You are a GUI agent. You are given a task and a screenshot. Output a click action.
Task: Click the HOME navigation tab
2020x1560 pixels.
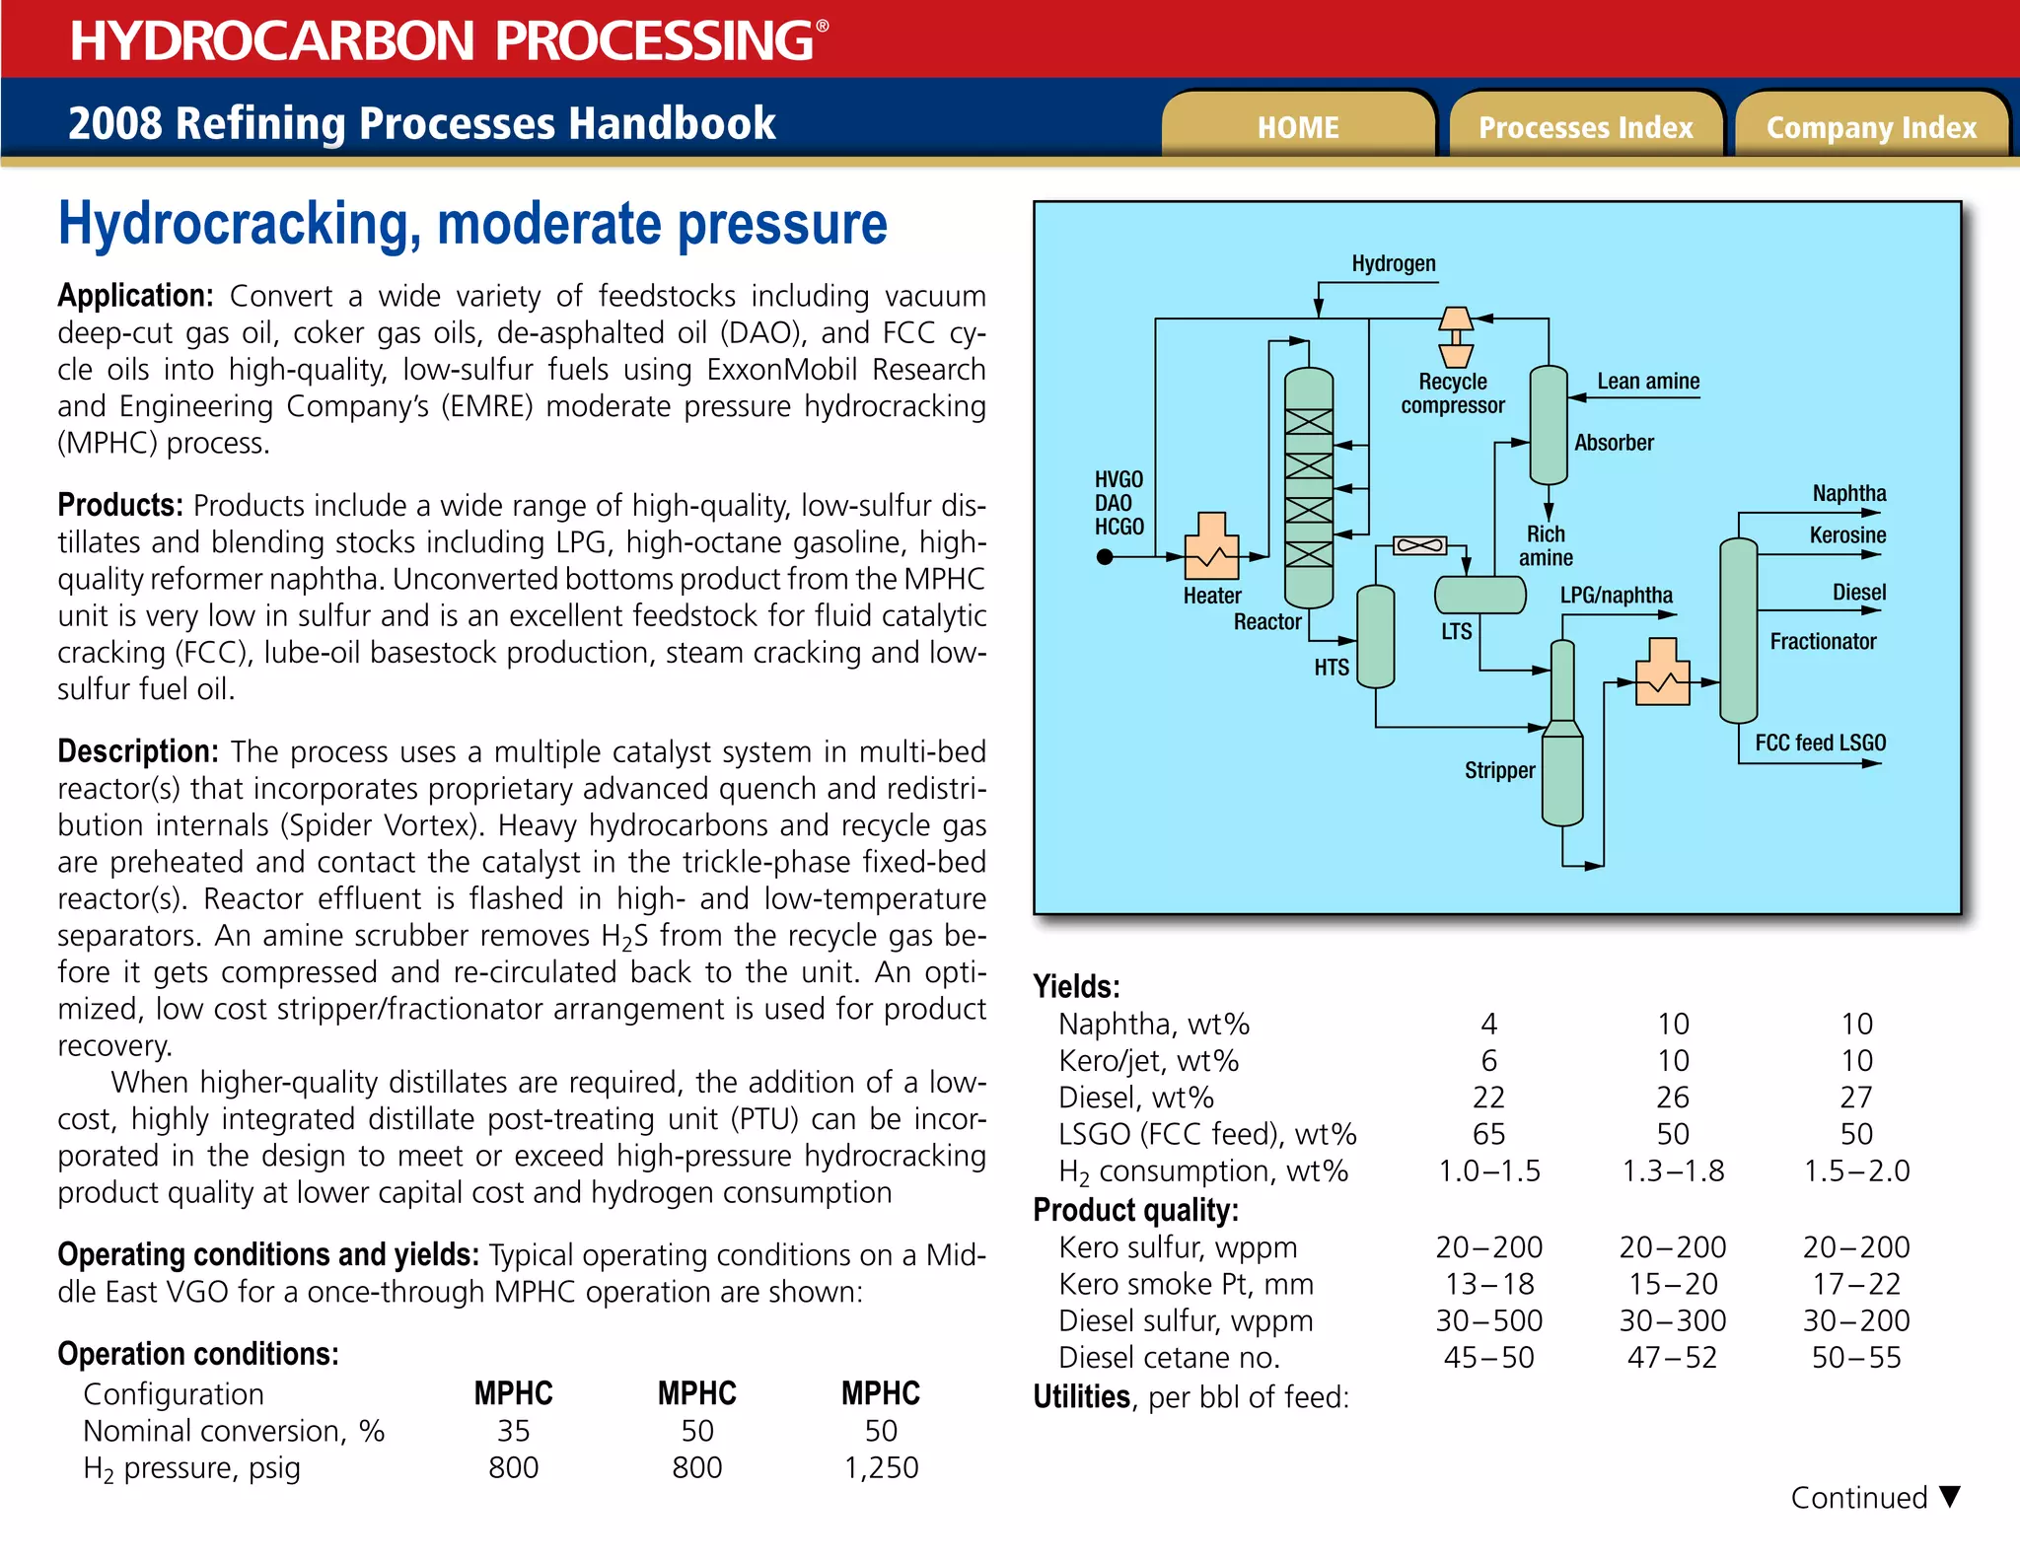coord(1298,127)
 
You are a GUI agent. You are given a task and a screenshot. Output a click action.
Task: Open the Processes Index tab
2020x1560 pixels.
coord(1585,127)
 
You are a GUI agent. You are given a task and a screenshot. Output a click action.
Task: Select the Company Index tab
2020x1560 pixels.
coord(1871,127)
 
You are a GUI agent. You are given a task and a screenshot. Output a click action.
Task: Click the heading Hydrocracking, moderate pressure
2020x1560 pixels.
coord(472,225)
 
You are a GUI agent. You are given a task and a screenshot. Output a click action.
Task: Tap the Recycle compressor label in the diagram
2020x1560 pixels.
coord(1452,393)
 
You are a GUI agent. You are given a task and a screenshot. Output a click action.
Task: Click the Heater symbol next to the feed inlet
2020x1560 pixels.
coord(1211,546)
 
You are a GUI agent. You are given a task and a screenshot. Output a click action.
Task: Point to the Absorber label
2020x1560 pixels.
coord(1614,443)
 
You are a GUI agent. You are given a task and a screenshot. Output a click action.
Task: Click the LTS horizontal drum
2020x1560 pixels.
coord(1479,595)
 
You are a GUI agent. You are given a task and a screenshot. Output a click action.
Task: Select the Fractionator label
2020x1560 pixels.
coord(1823,642)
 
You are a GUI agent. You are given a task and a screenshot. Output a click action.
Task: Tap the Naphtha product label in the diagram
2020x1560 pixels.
coord(1848,493)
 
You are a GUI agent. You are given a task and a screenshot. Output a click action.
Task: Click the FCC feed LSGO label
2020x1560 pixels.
coord(1820,743)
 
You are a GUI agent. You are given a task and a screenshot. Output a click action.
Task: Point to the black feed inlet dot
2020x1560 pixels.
coord(1105,557)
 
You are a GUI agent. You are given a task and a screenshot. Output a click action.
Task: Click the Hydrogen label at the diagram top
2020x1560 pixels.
coord(1393,263)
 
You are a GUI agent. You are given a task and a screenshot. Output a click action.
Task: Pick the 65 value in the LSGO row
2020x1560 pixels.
coord(1488,1134)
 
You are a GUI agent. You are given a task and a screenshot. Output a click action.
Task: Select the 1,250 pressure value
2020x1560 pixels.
coord(881,1467)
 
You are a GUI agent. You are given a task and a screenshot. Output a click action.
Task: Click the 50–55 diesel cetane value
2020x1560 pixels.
coord(1856,1358)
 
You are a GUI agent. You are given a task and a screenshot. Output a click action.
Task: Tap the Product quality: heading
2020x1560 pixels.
coord(1135,1210)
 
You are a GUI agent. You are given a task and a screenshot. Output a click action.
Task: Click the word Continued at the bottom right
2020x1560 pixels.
coord(1858,1498)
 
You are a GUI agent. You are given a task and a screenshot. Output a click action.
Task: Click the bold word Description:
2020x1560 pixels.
coord(138,751)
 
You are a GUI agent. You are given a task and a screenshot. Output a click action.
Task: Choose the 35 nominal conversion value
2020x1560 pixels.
coord(513,1431)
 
